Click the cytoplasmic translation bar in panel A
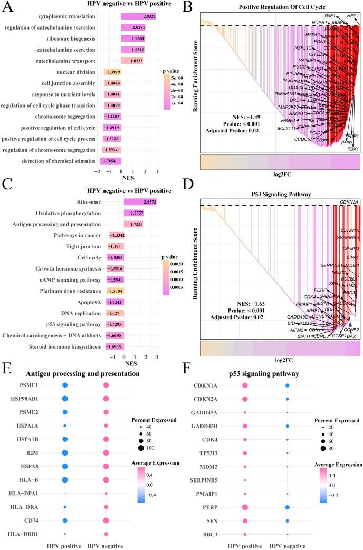pos(139,17)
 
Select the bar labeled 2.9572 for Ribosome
pos(140,201)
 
